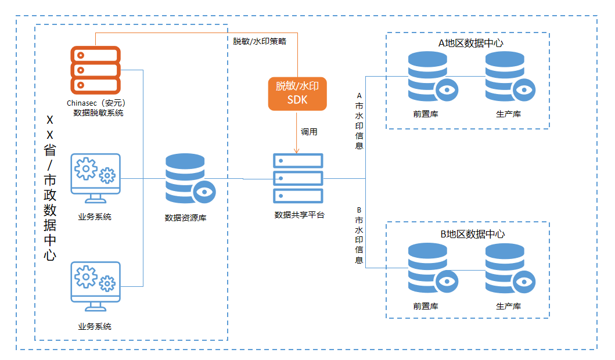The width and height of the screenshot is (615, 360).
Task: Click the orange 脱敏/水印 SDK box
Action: point(297,93)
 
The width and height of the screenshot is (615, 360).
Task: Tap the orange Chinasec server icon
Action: point(95,70)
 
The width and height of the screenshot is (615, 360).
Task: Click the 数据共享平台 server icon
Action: point(298,178)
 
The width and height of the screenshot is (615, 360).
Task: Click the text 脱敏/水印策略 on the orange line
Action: point(260,41)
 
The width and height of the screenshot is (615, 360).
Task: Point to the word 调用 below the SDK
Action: point(309,132)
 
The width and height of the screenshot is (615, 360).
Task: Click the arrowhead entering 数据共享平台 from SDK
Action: point(297,151)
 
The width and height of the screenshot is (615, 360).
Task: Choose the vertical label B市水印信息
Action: point(359,235)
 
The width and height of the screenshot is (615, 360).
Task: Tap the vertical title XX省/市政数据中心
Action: point(50,188)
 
